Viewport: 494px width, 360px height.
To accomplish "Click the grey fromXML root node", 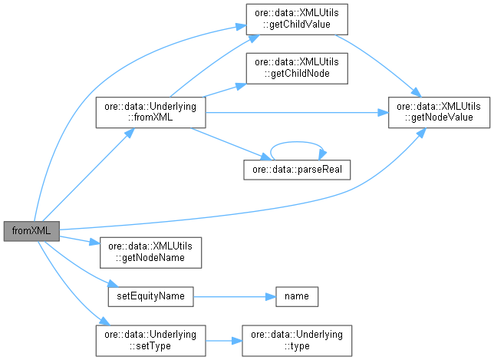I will click(31, 230).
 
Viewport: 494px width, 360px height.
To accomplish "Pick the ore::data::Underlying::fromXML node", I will click(150, 112).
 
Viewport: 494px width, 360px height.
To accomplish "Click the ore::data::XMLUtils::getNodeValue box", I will click(439, 112).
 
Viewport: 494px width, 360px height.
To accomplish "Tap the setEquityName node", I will click(150, 296).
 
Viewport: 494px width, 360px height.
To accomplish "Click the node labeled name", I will click(291, 296).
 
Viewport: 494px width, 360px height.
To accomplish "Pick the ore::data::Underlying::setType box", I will click(150, 339).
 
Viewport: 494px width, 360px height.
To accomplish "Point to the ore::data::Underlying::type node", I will click(297, 339).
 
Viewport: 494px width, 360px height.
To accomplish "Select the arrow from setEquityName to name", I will click(230, 296).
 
